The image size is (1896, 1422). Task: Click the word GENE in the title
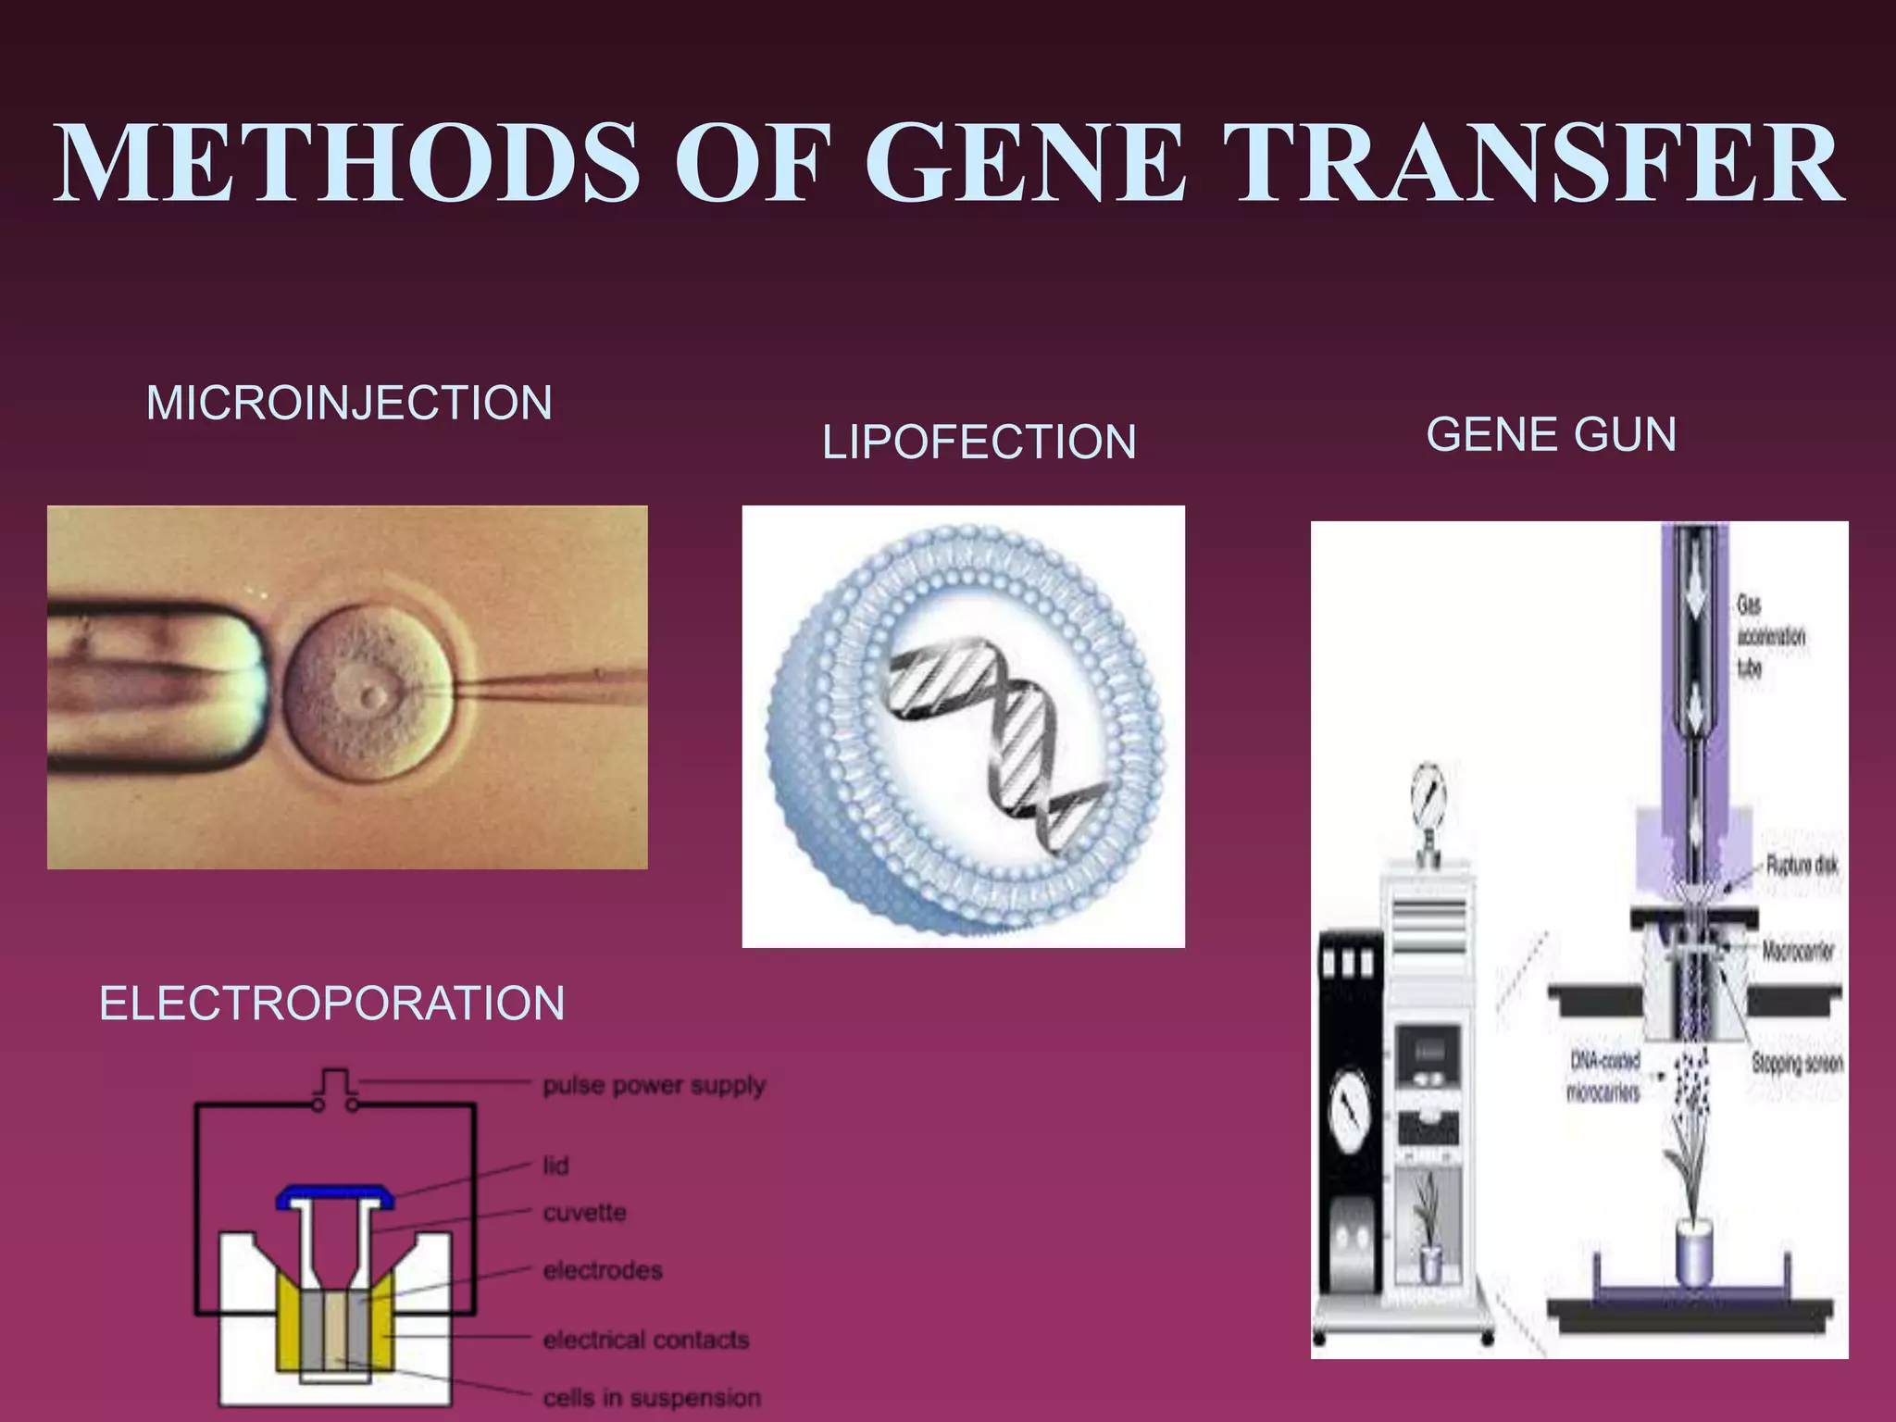1025,164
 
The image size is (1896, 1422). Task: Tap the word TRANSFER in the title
1538,164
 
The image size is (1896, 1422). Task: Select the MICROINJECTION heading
349,404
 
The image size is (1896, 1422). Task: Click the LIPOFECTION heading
979,443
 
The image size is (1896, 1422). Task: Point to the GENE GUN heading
1551,435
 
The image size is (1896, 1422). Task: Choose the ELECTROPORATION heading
331,1004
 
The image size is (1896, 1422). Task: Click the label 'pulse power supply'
654,1085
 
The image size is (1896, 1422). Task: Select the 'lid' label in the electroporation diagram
555,1166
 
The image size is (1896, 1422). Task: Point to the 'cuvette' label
584,1213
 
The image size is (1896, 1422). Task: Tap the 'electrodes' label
603,1271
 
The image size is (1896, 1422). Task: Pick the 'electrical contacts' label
645,1340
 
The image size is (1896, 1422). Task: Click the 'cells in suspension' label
652,1397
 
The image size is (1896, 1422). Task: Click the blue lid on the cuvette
336,1198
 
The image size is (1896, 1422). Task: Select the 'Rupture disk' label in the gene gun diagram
1801,866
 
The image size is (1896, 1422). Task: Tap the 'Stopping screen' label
1796,1064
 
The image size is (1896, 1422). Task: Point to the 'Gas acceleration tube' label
1769,637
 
